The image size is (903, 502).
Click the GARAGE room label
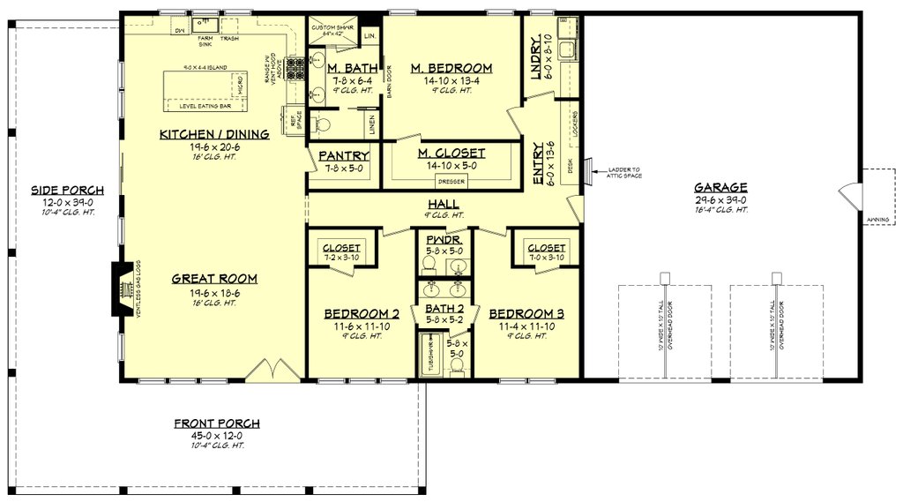(x=720, y=187)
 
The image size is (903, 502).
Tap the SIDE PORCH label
(x=68, y=190)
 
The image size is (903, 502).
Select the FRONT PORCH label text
(x=216, y=423)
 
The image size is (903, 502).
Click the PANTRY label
(x=343, y=156)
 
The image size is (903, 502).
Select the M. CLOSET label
(x=451, y=154)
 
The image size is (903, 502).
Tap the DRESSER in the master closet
(x=451, y=183)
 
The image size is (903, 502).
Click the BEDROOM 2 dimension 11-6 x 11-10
(x=362, y=326)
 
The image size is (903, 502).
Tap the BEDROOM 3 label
(x=527, y=313)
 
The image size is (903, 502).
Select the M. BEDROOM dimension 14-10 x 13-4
(x=451, y=80)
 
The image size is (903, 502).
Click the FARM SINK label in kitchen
(x=205, y=42)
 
